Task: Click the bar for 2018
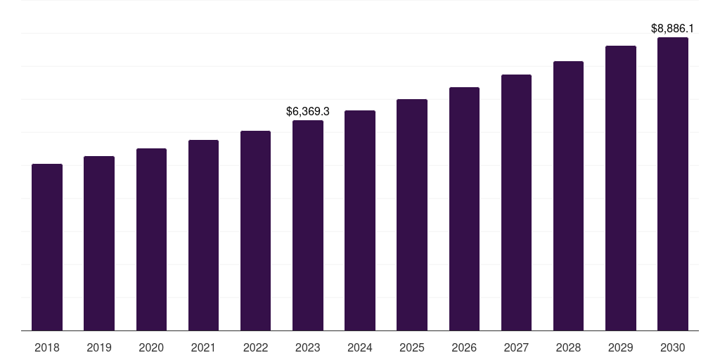click(47, 247)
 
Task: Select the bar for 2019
click(99, 243)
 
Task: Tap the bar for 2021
click(203, 235)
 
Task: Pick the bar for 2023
click(308, 225)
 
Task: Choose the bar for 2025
click(412, 214)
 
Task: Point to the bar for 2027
click(516, 202)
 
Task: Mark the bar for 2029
click(621, 188)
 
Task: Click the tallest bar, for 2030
click(673, 184)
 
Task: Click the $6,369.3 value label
click(308, 111)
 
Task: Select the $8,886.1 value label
click(673, 29)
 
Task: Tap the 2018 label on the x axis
click(47, 347)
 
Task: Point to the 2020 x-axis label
click(151, 347)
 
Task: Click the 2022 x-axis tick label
click(255, 347)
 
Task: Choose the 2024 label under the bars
click(360, 347)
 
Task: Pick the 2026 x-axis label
click(464, 347)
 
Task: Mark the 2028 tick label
click(568, 347)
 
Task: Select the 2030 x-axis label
click(673, 347)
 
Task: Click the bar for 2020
click(151, 239)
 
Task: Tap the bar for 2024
click(360, 220)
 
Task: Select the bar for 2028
click(568, 195)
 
